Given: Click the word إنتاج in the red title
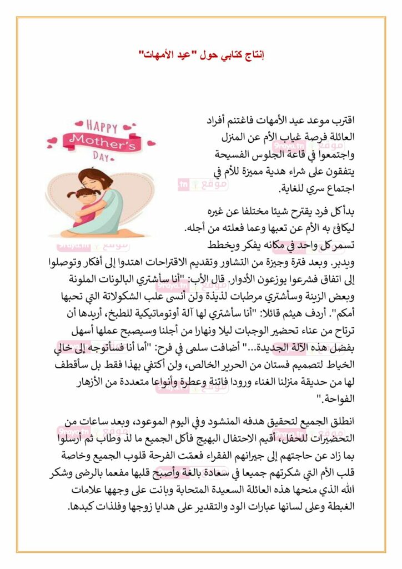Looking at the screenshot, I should pos(253,55).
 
